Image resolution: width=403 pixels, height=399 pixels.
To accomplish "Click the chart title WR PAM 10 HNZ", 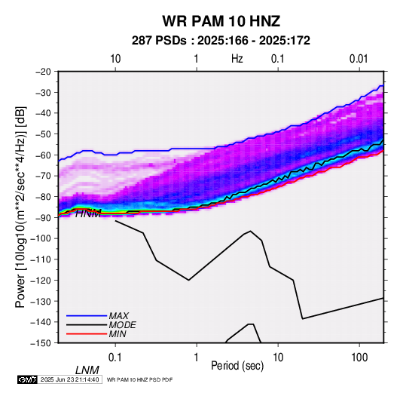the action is point(221,21).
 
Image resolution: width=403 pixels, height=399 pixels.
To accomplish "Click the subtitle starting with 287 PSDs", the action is point(221,41).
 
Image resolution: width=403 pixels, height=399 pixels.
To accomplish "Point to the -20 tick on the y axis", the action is point(43,72).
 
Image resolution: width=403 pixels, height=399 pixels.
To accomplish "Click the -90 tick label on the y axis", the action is point(43,217).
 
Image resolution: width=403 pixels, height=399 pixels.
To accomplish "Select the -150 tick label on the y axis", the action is point(41,343).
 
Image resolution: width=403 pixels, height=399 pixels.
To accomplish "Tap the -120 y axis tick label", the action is point(41,280).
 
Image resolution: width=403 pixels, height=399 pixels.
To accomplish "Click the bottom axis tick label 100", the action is point(359,357).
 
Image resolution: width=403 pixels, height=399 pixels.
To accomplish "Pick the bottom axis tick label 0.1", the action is point(115,357).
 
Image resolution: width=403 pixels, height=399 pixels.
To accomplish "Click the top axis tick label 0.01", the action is point(359,59).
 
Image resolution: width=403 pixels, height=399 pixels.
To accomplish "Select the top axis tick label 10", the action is point(115,59).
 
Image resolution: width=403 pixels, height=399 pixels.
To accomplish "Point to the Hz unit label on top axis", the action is point(237,59).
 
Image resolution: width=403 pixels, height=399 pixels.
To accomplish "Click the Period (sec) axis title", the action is point(237,366).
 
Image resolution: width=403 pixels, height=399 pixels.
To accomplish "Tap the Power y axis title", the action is point(20,207).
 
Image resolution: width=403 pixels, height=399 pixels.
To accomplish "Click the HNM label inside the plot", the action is point(88,213).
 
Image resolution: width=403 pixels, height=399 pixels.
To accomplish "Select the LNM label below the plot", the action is point(87,370).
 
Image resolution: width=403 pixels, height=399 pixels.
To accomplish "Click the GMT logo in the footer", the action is point(27,379).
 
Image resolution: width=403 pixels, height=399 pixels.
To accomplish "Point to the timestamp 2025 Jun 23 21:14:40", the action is point(69,379).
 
